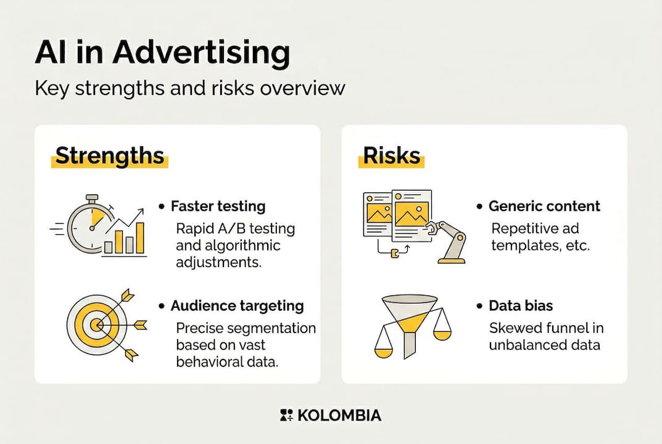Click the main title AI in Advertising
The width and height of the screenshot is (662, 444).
click(162, 53)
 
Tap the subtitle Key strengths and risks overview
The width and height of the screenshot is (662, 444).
click(190, 89)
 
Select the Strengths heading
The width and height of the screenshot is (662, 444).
click(110, 155)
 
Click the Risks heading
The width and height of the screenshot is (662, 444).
click(391, 155)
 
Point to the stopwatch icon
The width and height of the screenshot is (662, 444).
click(90, 224)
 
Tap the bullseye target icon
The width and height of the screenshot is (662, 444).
click(97, 325)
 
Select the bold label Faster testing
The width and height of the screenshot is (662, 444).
click(218, 207)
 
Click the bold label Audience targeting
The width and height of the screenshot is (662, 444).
click(237, 306)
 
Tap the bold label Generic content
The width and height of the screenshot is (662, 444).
click(544, 206)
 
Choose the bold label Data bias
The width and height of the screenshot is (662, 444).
click(521, 306)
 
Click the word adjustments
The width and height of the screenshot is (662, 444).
click(218, 263)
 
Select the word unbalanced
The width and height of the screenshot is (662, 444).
click(518, 345)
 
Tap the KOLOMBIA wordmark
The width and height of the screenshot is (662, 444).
click(339, 415)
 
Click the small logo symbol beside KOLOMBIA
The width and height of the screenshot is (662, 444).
click(286, 415)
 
